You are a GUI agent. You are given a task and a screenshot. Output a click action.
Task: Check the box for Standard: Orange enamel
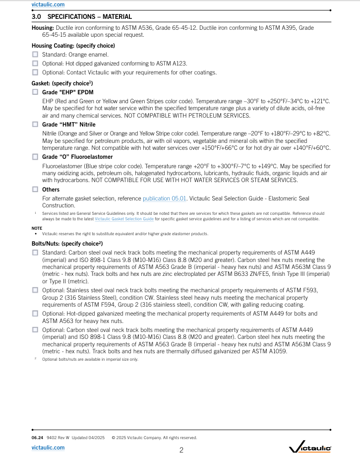(x=35, y=55)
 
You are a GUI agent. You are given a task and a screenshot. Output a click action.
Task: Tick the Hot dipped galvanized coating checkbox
(x=35, y=64)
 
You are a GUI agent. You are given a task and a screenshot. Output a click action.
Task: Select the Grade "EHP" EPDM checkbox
(x=35, y=92)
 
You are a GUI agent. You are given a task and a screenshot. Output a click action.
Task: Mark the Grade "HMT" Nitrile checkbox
(x=35, y=125)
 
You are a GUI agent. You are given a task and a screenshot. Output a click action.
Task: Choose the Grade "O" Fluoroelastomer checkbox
(x=35, y=157)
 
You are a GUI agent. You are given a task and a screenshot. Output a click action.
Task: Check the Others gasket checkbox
(x=35, y=189)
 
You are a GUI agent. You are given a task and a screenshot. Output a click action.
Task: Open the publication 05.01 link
(x=165, y=198)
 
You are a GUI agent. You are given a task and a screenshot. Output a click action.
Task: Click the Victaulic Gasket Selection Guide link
(x=124, y=219)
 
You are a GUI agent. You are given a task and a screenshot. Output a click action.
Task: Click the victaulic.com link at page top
(x=48, y=4)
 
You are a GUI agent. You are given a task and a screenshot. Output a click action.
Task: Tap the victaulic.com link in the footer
(x=48, y=448)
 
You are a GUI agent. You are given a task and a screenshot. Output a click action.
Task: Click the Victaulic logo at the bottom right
(x=310, y=448)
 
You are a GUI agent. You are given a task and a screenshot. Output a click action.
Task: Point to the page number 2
(x=181, y=450)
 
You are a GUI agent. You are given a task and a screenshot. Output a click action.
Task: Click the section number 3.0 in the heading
(x=36, y=17)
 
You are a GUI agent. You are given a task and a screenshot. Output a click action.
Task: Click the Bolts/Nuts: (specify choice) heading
(x=67, y=244)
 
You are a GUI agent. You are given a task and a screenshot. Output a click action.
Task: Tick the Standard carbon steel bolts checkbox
(x=35, y=253)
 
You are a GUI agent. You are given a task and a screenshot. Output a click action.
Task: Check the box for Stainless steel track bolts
(x=35, y=290)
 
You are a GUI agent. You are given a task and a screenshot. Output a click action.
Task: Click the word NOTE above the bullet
(x=37, y=228)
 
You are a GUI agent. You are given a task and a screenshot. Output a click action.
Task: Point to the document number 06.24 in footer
(x=37, y=438)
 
